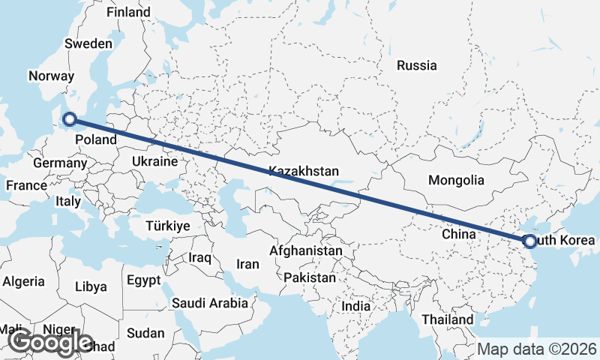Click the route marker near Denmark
coord(70,118)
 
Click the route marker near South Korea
coord(530,241)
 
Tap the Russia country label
coord(417,65)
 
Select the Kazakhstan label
coord(304,171)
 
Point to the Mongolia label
coord(456,180)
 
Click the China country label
coord(459,235)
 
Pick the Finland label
coord(128,12)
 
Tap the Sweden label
coord(88,43)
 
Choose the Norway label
coord(51,76)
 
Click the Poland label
coord(95,139)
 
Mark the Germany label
coord(60,163)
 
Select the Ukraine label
coord(154,161)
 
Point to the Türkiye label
coord(168,226)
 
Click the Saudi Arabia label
coord(209,303)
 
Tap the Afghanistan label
coord(306,250)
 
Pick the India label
coord(355,306)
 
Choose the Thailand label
coord(447,319)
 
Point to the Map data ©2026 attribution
coord(537,349)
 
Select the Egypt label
coord(144,280)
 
